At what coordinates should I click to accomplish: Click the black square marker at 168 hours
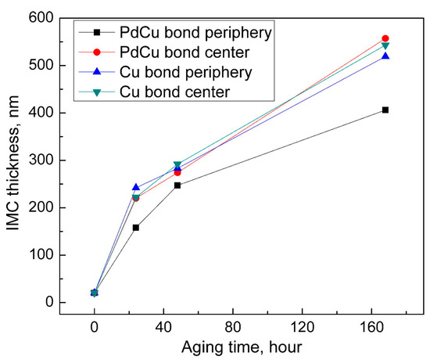(385, 110)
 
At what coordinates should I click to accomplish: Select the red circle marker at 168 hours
(385, 38)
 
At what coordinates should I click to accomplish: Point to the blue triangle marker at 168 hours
(385, 56)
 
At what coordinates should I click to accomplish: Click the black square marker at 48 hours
(177, 185)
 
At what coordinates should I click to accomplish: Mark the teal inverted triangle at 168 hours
(385, 45)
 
